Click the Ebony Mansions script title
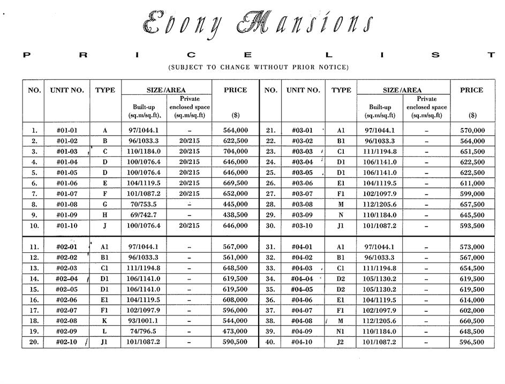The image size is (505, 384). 258,24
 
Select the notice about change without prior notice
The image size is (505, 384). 258,67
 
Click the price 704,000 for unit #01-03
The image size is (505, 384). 235,152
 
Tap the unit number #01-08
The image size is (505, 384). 67,205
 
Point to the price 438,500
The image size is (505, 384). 235,215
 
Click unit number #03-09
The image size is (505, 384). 303,215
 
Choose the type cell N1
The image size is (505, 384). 341,332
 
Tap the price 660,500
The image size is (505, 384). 472,321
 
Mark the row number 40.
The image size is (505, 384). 270,343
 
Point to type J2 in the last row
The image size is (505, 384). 341,343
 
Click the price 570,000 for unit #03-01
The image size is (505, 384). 472,130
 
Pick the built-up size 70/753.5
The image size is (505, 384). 144,205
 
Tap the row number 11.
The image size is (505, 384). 34,247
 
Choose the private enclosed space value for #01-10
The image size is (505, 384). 190,226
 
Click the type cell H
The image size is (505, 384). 104,215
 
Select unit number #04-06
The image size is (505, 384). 303,300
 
